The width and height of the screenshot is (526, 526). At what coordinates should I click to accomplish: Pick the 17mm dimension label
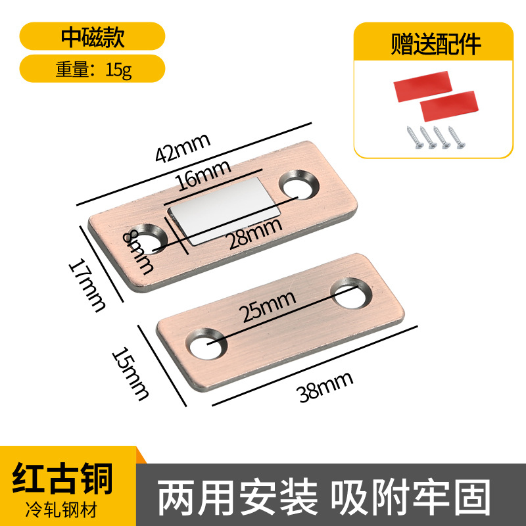[88, 284]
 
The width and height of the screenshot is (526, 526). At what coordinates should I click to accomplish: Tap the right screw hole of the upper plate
[300, 186]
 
